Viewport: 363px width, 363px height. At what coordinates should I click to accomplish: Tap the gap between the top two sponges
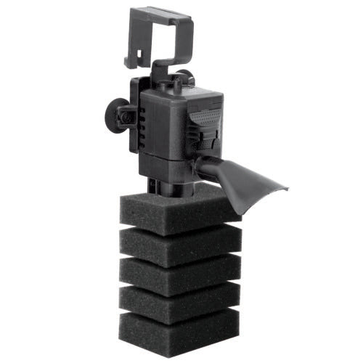tap(179, 231)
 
